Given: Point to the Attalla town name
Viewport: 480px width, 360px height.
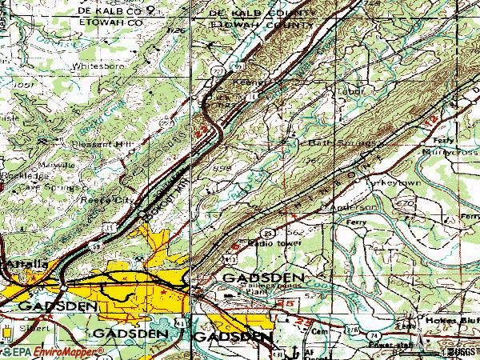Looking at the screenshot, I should (x=24, y=263).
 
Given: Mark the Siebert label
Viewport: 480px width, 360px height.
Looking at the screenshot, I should (x=33, y=326).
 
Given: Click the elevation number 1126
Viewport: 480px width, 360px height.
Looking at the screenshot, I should (x=177, y=31).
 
